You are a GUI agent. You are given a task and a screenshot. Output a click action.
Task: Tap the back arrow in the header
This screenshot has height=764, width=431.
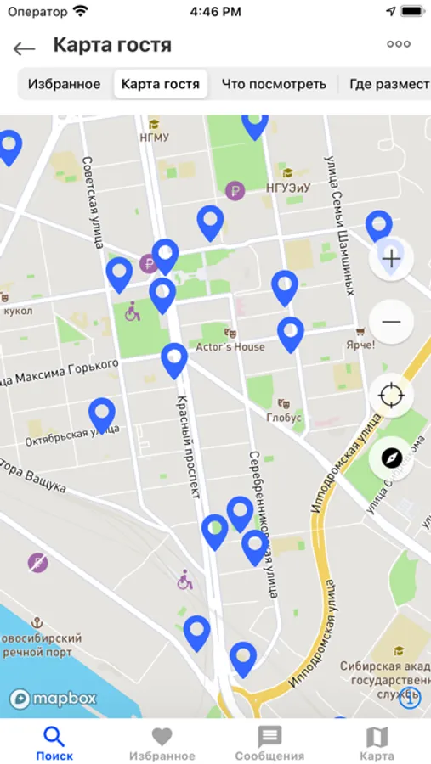click(24, 48)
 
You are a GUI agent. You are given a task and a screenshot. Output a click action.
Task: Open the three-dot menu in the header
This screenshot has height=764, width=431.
click(398, 45)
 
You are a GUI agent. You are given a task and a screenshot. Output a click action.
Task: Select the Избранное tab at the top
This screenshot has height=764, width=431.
click(64, 84)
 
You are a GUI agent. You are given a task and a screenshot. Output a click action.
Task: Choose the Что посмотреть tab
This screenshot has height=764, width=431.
click(274, 84)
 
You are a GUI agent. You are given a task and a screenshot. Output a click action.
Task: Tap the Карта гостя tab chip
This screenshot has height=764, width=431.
click(161, 84)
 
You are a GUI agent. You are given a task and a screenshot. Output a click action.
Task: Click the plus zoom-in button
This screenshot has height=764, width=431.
click(391, 259)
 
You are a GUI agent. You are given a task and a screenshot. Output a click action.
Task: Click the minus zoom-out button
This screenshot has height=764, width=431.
click(391, 322)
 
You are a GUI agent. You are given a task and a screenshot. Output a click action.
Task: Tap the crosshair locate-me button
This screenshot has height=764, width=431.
click(391, 395)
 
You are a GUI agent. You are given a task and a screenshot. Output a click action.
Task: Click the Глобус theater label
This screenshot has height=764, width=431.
click(284, 417)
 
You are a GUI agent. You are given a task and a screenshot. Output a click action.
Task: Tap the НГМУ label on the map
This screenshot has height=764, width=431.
click(155, 137)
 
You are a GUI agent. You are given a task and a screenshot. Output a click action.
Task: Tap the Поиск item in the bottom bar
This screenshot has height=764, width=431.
click(54, 743)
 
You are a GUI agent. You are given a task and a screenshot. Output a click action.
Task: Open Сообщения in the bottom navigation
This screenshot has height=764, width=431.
click(269, 743)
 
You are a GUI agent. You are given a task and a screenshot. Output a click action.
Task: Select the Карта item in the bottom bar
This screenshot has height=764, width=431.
click(377, 743)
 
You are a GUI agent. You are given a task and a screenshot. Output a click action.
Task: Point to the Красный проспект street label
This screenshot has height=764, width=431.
click(190, 446)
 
